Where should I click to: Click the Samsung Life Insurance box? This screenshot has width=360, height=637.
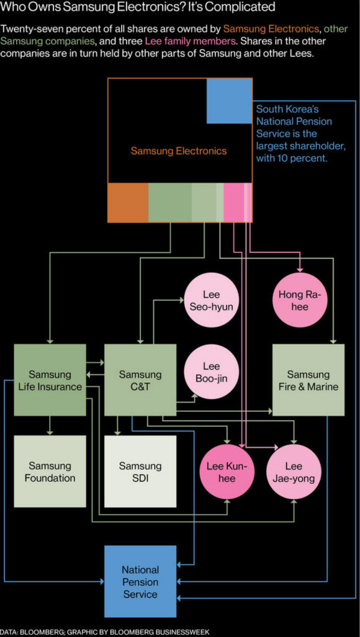coord(50,380)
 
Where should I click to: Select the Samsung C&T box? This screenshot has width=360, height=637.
coord(140,380)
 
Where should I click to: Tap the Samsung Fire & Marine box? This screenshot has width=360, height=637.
coord(308,380)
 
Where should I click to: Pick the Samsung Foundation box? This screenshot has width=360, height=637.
coord(50,471)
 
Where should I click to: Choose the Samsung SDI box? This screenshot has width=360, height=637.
coord(140,471)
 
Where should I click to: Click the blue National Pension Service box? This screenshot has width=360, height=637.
coord(140,581)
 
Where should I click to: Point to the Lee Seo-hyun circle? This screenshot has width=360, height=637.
coord(211,300)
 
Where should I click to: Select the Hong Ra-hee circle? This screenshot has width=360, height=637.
coord(299,300)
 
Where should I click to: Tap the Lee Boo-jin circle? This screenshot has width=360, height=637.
coord(211,373)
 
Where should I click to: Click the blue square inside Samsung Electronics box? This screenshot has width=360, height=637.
coord(230,101)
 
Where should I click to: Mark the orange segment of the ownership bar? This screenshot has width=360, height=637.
coord(128,203)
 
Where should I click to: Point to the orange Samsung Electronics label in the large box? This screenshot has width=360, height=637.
coord(179,151)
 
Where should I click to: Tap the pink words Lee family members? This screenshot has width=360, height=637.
coord(190,41)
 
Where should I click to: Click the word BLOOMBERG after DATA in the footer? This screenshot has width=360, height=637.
coord(40,632)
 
